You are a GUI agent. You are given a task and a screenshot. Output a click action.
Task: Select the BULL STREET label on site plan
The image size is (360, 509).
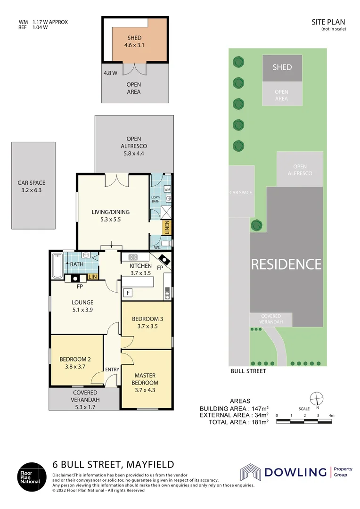click(x=248, y=371)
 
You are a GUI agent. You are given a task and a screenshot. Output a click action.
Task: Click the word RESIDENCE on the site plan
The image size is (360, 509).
click(x=286, y=264)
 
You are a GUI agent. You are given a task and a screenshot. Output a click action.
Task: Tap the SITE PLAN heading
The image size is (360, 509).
click(x=328, y=22)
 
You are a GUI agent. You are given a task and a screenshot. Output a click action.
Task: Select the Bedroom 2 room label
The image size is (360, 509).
click(x=75, y=362)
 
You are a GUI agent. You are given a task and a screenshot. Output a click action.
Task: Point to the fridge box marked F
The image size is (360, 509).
click(x=128, y=293)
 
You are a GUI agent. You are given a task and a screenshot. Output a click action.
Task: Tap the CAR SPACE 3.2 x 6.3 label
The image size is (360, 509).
click(x=32, y=187)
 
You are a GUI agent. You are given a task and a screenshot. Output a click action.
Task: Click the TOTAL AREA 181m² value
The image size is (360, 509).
click(x=238, y=422)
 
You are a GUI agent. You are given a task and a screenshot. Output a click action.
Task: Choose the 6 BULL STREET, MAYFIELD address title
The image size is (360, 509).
click(x=113, y=464)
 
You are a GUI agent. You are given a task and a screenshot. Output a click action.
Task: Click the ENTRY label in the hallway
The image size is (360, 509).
click(x=112, y=369)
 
